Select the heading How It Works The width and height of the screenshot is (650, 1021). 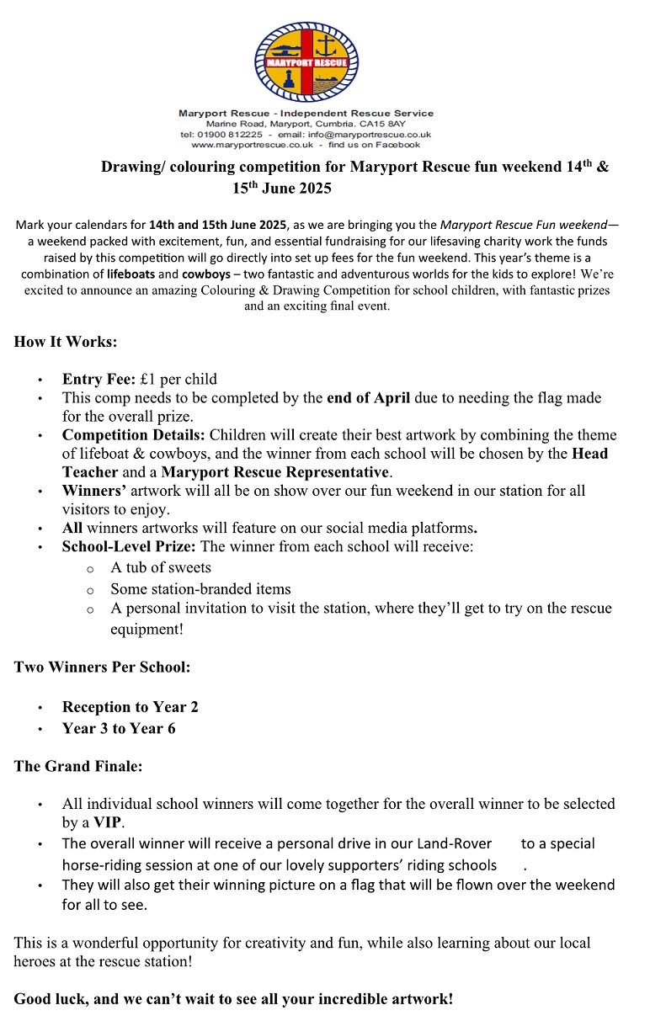click(66, 343)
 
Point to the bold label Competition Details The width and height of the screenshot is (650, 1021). click(133, 435)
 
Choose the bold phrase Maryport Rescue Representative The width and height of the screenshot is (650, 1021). click(275, 472)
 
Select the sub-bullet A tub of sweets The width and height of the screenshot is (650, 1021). click(161, 567)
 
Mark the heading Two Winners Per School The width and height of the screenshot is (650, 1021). click(102, 667)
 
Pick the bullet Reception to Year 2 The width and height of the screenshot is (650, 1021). click(130, 707)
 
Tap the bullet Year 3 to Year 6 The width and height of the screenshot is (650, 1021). click(119, 728)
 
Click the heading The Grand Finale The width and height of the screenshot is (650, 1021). click(78, 767)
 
